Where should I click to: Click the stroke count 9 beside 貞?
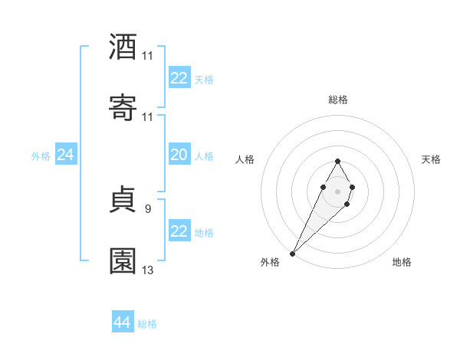tap(147, 208)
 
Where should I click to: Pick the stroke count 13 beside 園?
tap(148, 270)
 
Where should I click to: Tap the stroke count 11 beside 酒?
tap(148, 56)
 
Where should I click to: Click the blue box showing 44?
tap(123, 322)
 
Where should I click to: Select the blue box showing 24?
tap(66, 155)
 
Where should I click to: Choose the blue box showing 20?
tap(179, 155)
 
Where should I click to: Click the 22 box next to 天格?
tap(179, 78)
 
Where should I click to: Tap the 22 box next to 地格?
tap(179, 231)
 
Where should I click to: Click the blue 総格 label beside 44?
tap(147, 324)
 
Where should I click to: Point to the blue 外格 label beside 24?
tap(41, 156)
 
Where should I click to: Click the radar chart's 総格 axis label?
tap(337, 100)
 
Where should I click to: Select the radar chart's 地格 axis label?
tap(402, 262)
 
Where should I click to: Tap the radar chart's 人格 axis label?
tap(245, 159)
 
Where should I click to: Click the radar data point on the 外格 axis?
tap(292, 253)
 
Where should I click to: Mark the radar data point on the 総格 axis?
tap(337, 161)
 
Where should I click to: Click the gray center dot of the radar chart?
tap(337, 190)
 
